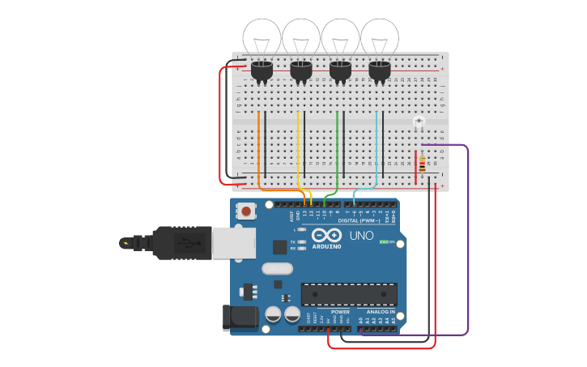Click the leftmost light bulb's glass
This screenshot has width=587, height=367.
pyautogui.click(x=262, y=37)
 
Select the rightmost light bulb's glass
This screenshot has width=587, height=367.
pyautogui.click(x=380, y=37)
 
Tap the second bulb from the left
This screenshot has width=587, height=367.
pyautogui.click(x=301, y=37)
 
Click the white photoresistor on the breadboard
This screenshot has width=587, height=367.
pyautogui.click(x=419, y=122)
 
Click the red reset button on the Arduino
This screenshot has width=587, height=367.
pyautogui.click(x=245, y=211)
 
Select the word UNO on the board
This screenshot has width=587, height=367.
pyautogui.click(x=361, y=236)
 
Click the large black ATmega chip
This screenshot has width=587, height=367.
pyautogui.click(x=349, y=294)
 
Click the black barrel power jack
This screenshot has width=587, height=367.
pyautogui.click(x=240, y=318)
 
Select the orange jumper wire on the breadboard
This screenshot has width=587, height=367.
pyautogui.click(x=259, y=146)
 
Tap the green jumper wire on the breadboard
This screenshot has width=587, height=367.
pyautogui.click(x=337, y=146)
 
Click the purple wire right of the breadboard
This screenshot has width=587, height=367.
pyautogui.click(x=468, y=243)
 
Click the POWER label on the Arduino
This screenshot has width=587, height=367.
pyautogui.click(x=340, y=311)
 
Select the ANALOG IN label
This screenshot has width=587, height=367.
pyautogui.click(x=381, y=311)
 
